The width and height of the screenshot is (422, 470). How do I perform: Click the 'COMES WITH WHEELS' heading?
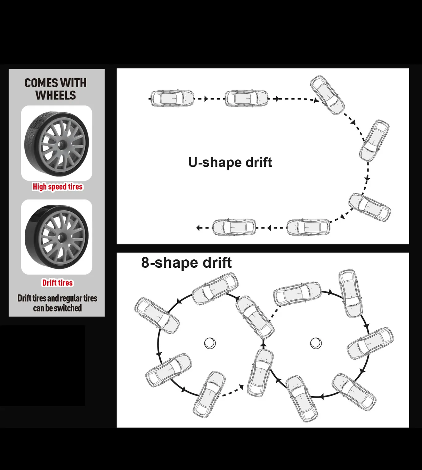(55, 89)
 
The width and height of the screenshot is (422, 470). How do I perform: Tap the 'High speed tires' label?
(58, 187)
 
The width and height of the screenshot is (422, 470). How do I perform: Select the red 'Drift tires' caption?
(57, 283)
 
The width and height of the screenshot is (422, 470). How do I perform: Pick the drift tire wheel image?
(57, 237)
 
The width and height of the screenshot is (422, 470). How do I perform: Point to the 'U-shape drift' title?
(230, 162)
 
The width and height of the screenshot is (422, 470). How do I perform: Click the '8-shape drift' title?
(186, 263)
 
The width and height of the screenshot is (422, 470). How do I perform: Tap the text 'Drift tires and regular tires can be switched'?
(57, 303)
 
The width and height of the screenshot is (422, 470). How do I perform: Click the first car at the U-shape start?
(172, 98)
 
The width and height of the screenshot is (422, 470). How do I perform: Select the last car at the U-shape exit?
(234, 227)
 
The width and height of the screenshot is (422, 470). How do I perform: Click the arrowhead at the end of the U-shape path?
(198, 227)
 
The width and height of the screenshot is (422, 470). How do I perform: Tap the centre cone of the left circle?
(210, 344)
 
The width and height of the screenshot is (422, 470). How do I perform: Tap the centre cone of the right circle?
(316, 344)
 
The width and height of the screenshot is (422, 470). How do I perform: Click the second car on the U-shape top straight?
(246, 98)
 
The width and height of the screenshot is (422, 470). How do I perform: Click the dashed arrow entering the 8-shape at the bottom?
(231, 391)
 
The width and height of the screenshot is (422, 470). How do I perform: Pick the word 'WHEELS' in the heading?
(56, 95)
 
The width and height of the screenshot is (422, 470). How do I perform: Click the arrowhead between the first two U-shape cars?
(206, 99)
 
